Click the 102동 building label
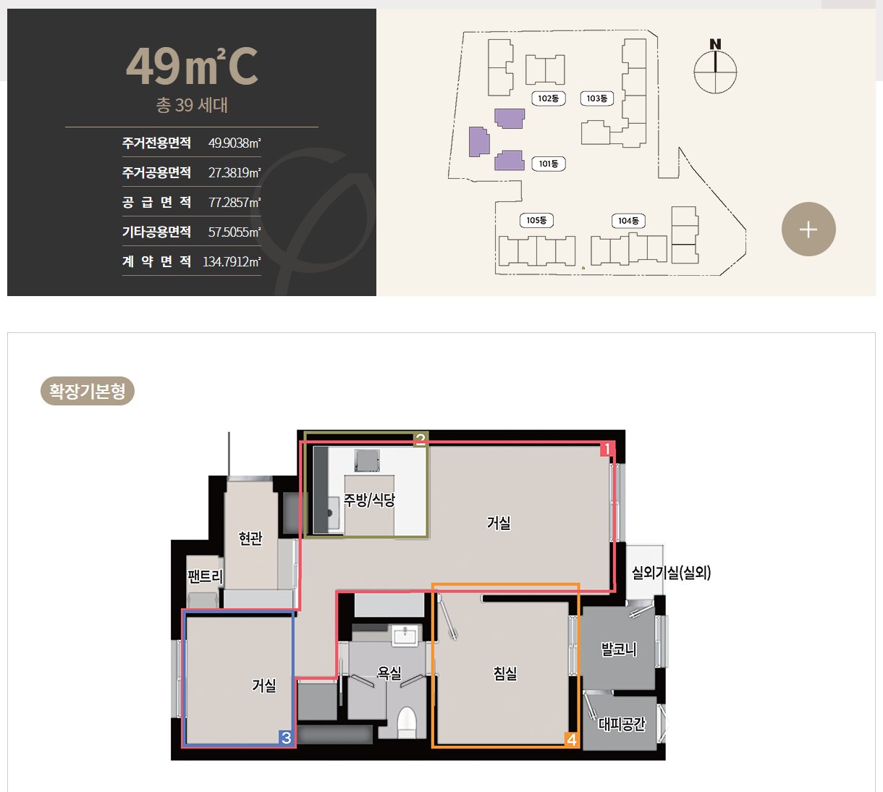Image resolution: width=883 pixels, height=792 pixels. [549, 98]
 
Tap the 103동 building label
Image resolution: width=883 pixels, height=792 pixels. [597, 98]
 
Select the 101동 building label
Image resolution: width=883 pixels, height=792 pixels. [549, 164]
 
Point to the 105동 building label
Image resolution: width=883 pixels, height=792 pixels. [536, 221]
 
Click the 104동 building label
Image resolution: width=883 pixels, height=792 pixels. [628, 221]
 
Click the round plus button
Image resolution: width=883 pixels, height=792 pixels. [808, 229]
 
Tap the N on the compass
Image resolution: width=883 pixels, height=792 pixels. [715, 44]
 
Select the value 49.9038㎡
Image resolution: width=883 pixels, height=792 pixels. [235, 143]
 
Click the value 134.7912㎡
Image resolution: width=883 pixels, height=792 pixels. [232, 261]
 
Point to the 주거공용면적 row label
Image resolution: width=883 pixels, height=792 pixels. [156, 172]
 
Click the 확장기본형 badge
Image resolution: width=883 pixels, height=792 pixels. [87, 391]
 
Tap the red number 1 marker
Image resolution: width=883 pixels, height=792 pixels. [607, 449]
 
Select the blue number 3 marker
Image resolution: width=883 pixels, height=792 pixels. [286, 738]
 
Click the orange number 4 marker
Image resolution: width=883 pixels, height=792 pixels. [571, 740]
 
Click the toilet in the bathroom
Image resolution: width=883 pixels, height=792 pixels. [407, 723]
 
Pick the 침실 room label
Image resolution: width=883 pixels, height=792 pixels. [505, 673]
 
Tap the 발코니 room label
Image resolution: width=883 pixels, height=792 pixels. [619, 649]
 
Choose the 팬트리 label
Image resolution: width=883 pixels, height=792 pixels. [206, 576]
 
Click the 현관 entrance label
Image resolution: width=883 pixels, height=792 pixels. [250, 539]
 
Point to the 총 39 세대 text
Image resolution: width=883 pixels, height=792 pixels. [192, 105]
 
